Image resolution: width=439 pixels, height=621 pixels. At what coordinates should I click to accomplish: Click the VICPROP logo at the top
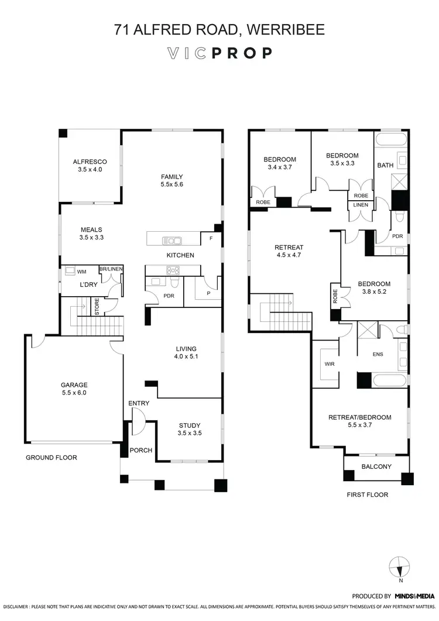[x=220, y=53]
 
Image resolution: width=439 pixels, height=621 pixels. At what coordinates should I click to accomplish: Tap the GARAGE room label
[x=74, y=385]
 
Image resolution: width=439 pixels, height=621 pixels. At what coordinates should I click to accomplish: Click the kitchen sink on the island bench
[x=173, y=240]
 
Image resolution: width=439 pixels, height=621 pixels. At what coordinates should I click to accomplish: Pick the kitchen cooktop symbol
[x=173, y=270]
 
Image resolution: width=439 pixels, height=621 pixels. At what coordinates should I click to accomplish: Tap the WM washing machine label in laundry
[x=81, y=272]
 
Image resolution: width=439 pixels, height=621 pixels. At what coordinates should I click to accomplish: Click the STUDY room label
[x=190, y=426]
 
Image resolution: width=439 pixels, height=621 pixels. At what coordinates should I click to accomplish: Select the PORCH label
[x=142, y=450]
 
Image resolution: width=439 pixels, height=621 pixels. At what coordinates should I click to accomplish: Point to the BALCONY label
[x=376, y=466]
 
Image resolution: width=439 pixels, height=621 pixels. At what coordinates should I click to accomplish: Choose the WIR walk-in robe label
[x=329, y=363]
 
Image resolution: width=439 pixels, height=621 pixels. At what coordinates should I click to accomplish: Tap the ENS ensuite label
[x=377, y=354]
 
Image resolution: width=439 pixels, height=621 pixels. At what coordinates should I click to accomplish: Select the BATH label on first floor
[x=385, y=166]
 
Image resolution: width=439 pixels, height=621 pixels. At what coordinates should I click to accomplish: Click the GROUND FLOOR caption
[x=51, y=458]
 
